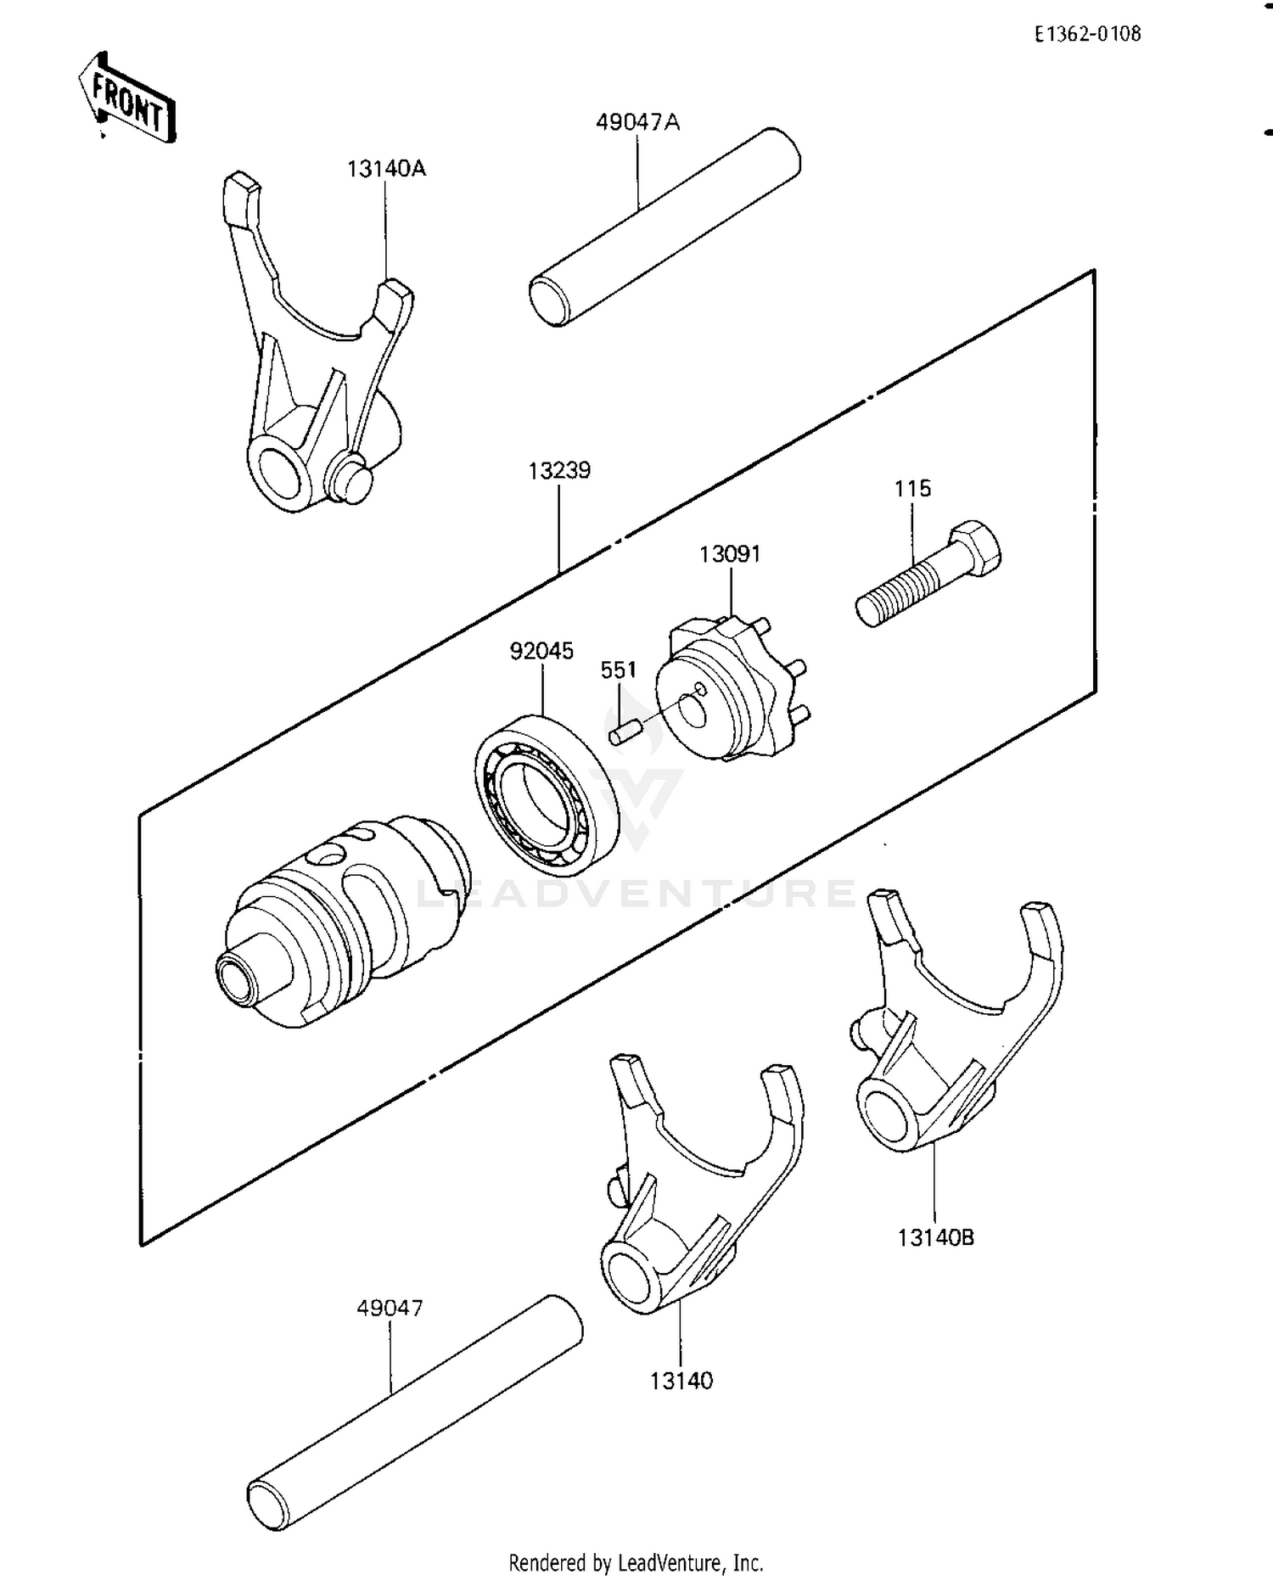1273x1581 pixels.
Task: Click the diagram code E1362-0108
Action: [x=1087, y=34]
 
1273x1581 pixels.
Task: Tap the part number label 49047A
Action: [x=637, y=122]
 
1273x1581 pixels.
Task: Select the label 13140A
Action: [x=386, y=169]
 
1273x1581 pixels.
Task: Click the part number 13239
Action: [x=559, y=470]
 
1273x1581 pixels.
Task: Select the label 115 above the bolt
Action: [x=912, y=489]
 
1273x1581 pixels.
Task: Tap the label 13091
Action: [x=730, y=554]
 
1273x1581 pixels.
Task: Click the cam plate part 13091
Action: [x=730, y=692]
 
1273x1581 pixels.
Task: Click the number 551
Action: [x=618, y=670]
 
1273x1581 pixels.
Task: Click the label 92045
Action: [x=541, y=651]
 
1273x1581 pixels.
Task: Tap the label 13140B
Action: [x=936, y=1238]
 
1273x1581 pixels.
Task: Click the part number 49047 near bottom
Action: [x=390, y=1308]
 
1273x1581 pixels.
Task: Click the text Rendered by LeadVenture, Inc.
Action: [x=636, y=1562]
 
